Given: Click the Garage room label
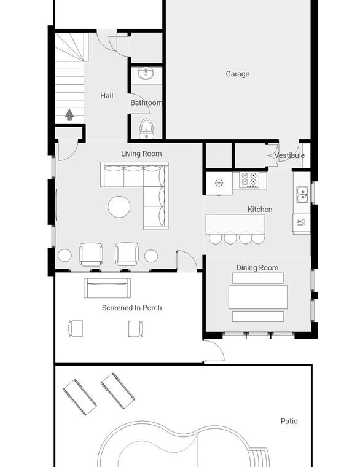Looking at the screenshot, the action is (237, 74).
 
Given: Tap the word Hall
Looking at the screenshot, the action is (107, 96).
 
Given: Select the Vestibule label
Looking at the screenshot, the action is (289, 155).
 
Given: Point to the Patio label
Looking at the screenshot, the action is (289, 421).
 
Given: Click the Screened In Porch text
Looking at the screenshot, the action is (132, 308).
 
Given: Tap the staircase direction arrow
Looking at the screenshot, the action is (69, 115).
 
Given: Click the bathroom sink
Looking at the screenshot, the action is (146, 74).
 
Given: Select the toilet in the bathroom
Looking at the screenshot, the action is (146, 128).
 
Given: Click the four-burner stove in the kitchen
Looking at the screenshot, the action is (249, 179).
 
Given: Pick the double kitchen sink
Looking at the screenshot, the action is (303, 195).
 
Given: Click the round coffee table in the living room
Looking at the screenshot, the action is (119, 206).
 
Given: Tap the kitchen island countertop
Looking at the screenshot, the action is (235, 224).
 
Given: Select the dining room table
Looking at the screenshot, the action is (258, 297).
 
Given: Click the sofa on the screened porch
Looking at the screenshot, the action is (107, 288).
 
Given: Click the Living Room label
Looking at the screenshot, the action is (141, 154).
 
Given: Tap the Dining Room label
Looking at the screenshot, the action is (257, 268).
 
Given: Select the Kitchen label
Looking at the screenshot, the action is (260, 210).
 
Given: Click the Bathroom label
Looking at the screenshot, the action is (146, 103).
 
